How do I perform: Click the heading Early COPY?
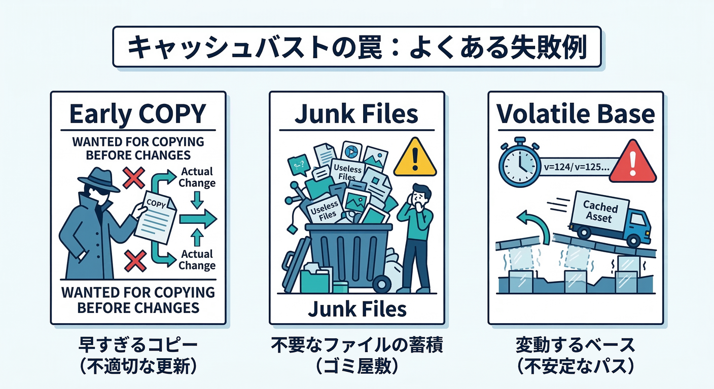pyautogui.click(x=138, y=114)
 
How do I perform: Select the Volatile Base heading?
pyautogui.click(x=576, y=114)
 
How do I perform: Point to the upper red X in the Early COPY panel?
pyautogui.click(x=134, y=178)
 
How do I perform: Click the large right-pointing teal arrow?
pyautogui.click(x=198, y=218)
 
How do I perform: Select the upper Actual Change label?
pyautogui.click(x=198, y=177)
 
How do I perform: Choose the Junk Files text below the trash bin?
pyautogui.click(x=357, y=308)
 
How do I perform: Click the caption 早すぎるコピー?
pyautogui.click(x=138, y=346)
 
